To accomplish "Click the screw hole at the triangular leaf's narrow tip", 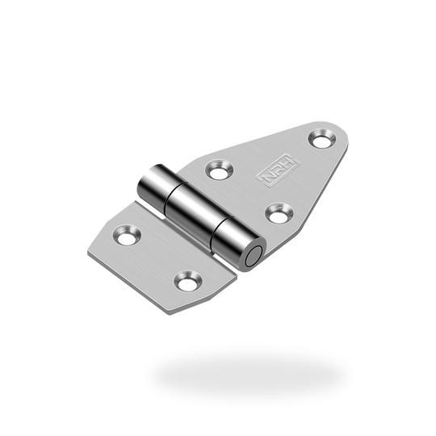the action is pyautogui.click(x=322, y=139).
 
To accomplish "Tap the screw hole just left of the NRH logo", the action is pyautogui.click(x=220, y=170).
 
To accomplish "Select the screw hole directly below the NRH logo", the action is pyautogui.click(x=279, y=213).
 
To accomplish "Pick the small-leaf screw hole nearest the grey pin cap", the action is pyautogui.click(x=188, y=282).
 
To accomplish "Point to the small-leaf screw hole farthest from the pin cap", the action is pyautogui.click(x=126, y=235).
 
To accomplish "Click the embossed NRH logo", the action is pyautogui.click(x=278, y=170).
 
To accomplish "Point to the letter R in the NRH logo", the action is pyautogui.click(x=278, y=170).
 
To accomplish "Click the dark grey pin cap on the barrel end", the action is pyautogui.click(x=254, y=257).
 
